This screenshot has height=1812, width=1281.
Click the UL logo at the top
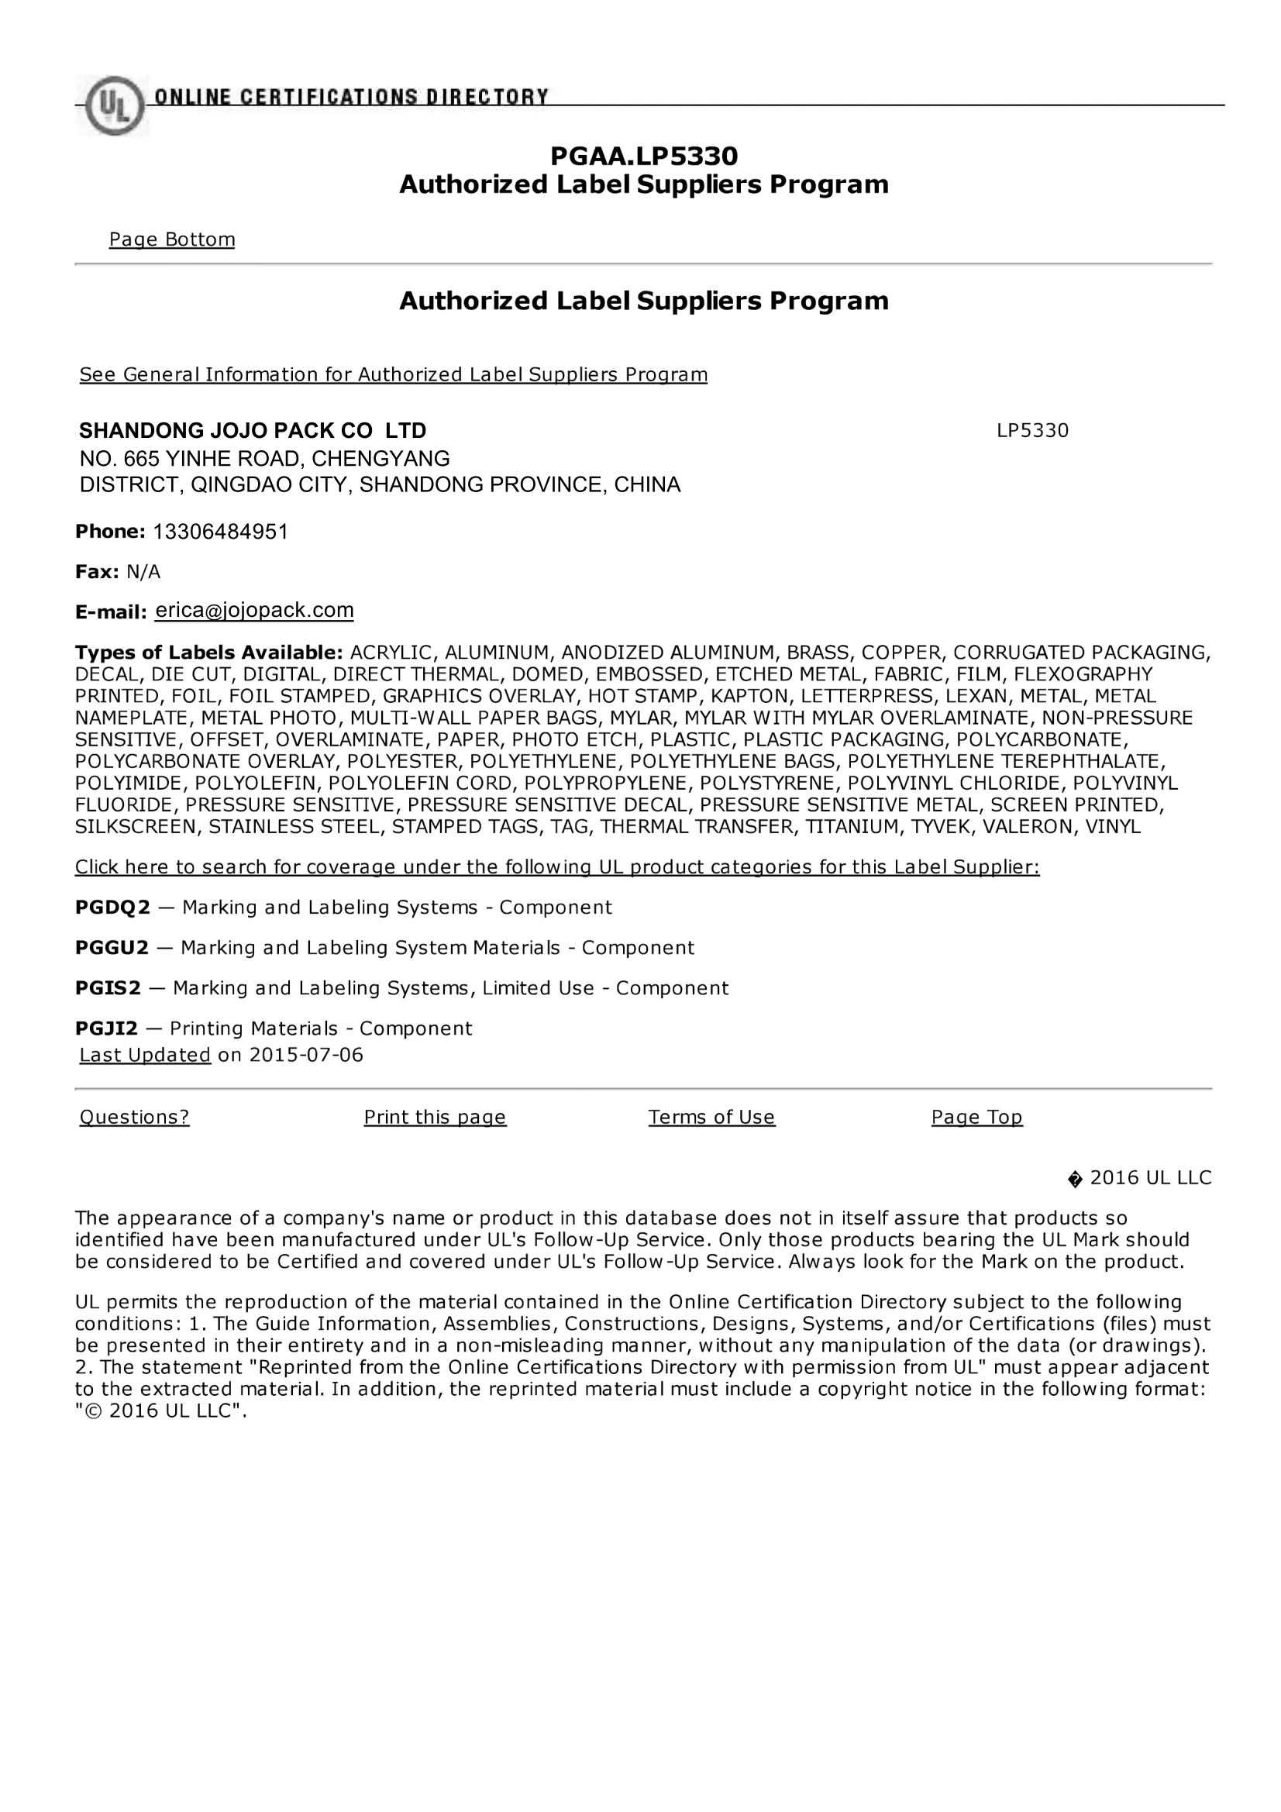(114, 105)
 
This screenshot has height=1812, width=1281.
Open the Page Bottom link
(172, 239)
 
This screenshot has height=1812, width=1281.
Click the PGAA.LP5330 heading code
(643, 157)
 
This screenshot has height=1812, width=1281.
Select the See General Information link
(393, 374)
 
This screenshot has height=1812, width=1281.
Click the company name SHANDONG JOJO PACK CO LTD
(253, 431)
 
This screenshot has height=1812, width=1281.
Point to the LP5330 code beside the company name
(1031, 431)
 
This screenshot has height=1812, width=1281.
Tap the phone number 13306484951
(220, 532)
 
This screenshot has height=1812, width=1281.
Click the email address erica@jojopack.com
(254, 610)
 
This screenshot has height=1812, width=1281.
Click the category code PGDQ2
(112, 908)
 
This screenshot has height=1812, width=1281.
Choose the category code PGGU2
(112, 948)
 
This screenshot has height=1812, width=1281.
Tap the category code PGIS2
(108, 988)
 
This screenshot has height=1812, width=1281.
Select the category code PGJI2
(106, 1028)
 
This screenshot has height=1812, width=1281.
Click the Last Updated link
(145, 1055)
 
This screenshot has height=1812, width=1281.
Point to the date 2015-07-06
(306, 1055)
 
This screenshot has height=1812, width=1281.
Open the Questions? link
(135, 1117)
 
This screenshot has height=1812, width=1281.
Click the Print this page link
(435, 1117)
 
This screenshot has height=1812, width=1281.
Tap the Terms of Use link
(712, 1117)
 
